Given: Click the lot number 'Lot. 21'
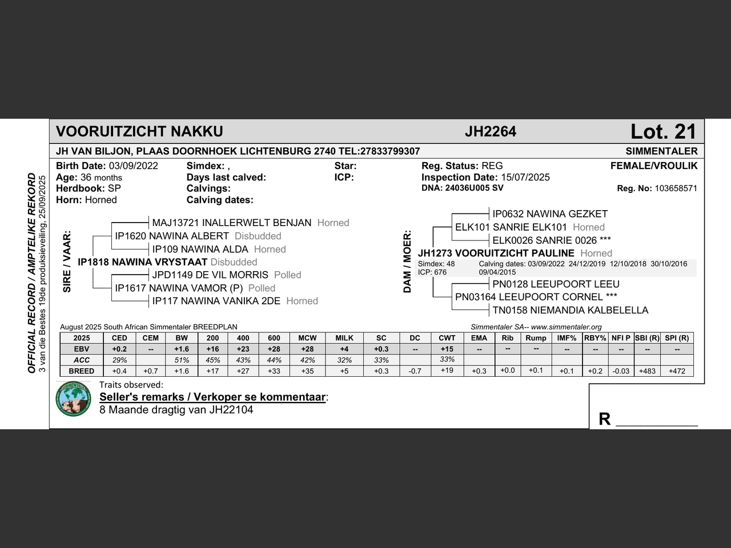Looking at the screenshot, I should (x=663, y=132).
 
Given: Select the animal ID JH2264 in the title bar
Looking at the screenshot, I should (x=490, y=132).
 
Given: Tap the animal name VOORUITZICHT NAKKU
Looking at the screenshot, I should (x=139, y=132).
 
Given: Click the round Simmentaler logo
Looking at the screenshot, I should (x=74, y=399).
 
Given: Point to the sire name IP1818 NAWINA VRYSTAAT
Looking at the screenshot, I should (x=142, y=262).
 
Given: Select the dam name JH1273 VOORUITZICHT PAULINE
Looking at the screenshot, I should (x=496, y=253).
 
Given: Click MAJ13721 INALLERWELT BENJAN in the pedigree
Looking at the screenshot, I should (x=231, y=223).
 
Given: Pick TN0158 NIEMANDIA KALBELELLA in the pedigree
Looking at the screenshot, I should (x=570, y=310).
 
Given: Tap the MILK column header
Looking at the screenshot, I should (x=344, y=338).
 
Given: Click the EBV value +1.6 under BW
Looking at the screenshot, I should (x=182, y=349).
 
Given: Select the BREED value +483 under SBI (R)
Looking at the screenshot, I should (x=647, y=371).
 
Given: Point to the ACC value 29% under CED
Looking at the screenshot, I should (x=119, y=360).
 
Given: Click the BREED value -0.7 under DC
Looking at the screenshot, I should (x=415, y=371).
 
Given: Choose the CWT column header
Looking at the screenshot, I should (x=447, y=338).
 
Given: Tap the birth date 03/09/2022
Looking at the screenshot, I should (x=133, y=166).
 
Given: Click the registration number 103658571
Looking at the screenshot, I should (x=676, y=188).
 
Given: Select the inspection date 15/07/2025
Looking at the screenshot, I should (x=525, y=178).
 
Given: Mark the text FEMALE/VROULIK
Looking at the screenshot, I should (x=654, y=166).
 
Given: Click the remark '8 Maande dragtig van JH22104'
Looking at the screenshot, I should (x=176, y=410).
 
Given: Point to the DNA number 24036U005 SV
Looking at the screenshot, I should (x=474, y=188).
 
